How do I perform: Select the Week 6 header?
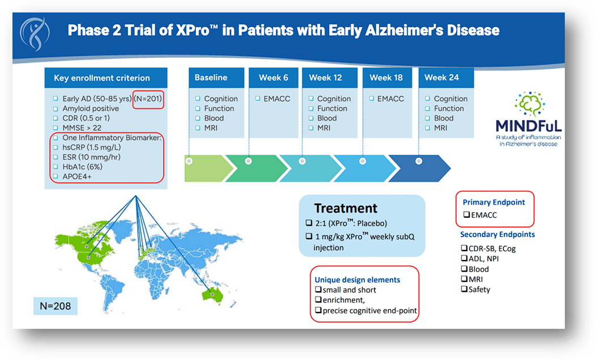click(273, 78)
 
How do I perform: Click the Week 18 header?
click(386, 78)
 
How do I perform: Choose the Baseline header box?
click(211, 78)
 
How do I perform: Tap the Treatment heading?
click(346, 208)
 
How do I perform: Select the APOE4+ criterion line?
click(79, 176)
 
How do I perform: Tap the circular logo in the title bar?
click(36, 33)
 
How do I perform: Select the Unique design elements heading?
click(357, 279)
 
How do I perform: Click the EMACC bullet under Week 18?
click(390, 99)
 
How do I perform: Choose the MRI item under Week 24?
click(440, 128)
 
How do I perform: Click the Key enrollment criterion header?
click(102, 78)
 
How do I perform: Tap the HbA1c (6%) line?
click(82, 167)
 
